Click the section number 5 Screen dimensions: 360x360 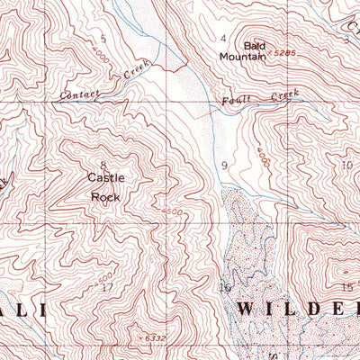click(103, 38)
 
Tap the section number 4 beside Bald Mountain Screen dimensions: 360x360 click(223, 38)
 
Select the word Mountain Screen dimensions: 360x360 click(243, 56)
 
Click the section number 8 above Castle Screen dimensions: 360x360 click(103, 165)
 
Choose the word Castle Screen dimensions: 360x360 click(105, 177)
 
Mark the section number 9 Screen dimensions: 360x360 click(224, 166)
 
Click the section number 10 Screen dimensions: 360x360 click(346, 165)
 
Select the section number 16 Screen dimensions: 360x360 click(225, 287)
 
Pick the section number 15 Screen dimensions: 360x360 click(347, 286)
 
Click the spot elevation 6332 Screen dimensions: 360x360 click(155, 337)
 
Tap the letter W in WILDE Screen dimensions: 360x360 click(248, 310)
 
